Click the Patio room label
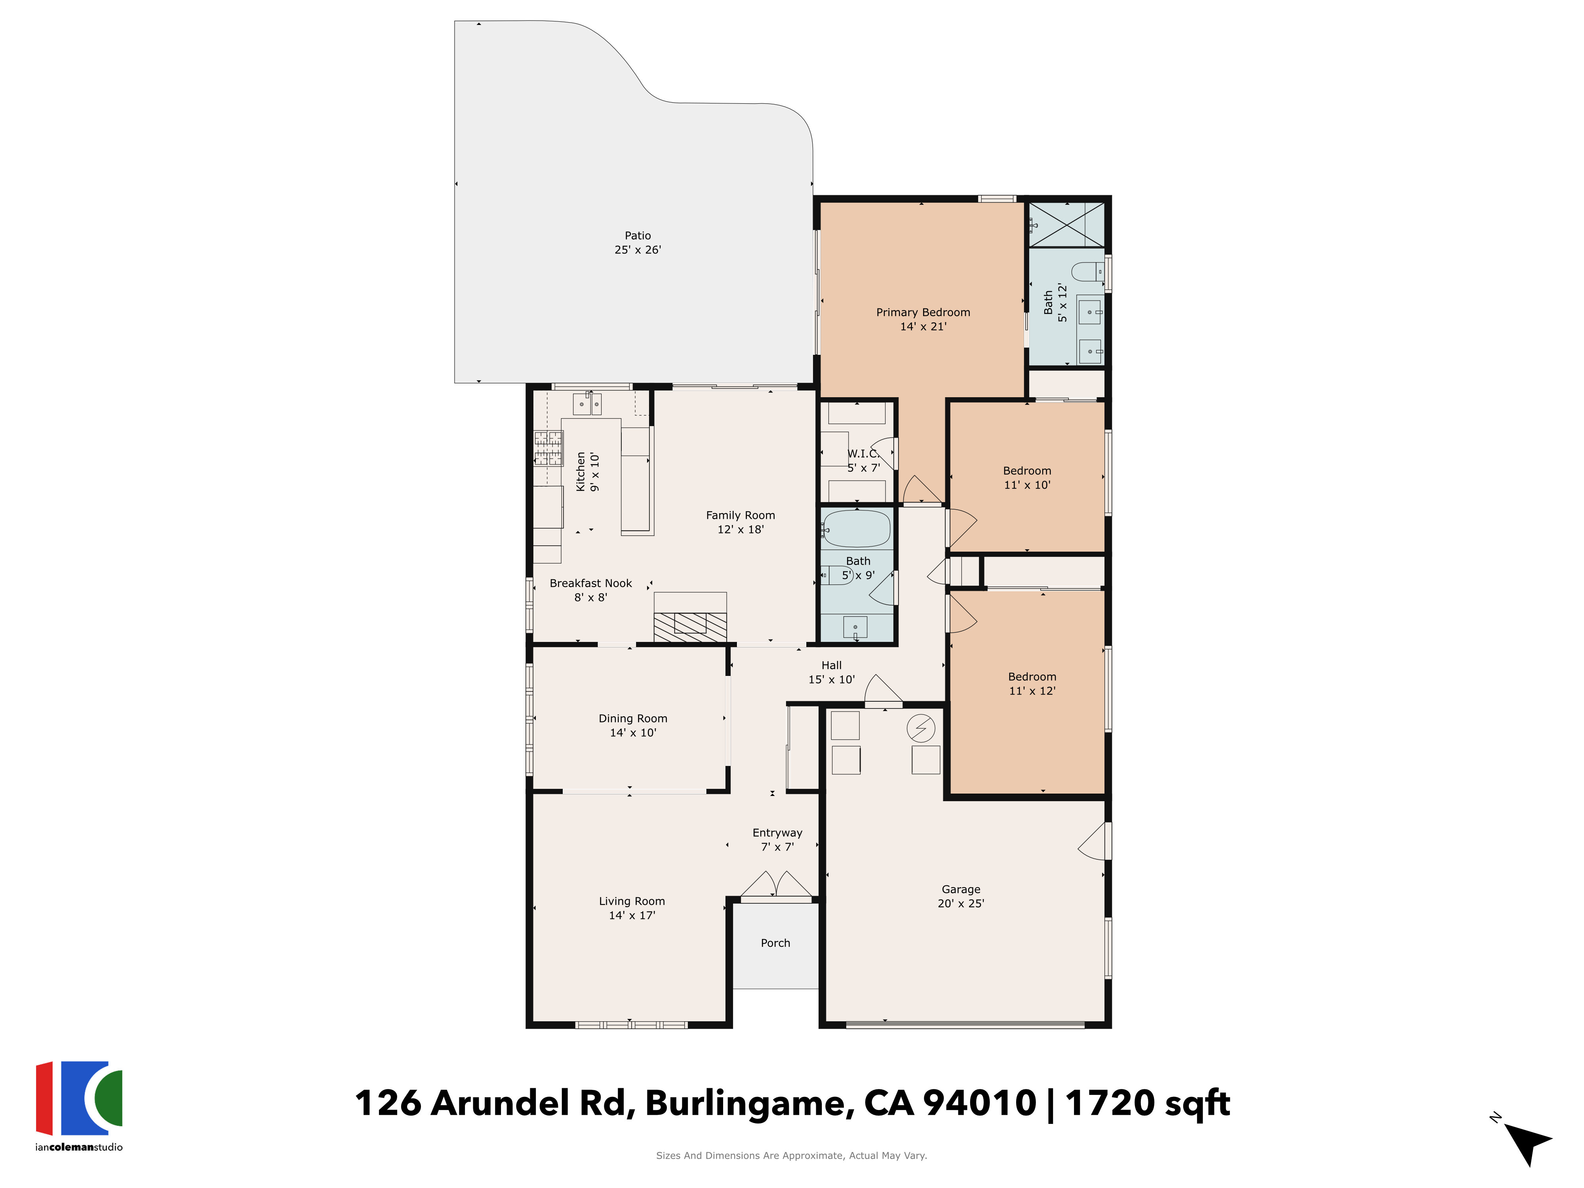[637, 236]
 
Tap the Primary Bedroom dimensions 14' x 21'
[923, 327]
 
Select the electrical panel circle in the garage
[921, 728]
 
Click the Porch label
[775, 943]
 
